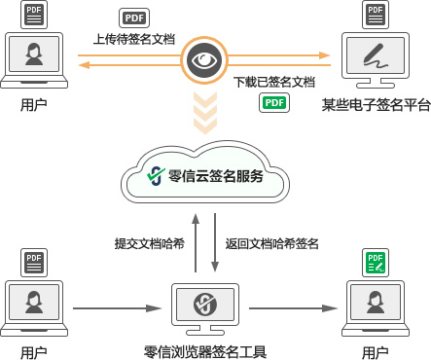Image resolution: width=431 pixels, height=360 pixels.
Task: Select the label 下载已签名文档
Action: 275,81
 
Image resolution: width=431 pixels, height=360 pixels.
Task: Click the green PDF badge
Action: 273,103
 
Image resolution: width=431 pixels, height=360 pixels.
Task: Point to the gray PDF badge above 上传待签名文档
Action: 133,18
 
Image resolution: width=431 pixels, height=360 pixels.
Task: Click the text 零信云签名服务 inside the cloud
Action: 216,176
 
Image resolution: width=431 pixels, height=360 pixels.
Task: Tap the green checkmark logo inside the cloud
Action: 154,176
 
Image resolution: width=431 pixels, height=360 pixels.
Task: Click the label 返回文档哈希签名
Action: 272,243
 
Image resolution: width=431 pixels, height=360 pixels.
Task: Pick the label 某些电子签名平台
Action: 376,103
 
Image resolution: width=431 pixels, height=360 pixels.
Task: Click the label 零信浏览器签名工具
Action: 204,351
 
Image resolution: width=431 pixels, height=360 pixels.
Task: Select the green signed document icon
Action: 375,262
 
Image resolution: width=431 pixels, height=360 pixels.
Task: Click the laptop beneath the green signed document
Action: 375,306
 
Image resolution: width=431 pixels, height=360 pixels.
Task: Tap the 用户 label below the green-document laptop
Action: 375,351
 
